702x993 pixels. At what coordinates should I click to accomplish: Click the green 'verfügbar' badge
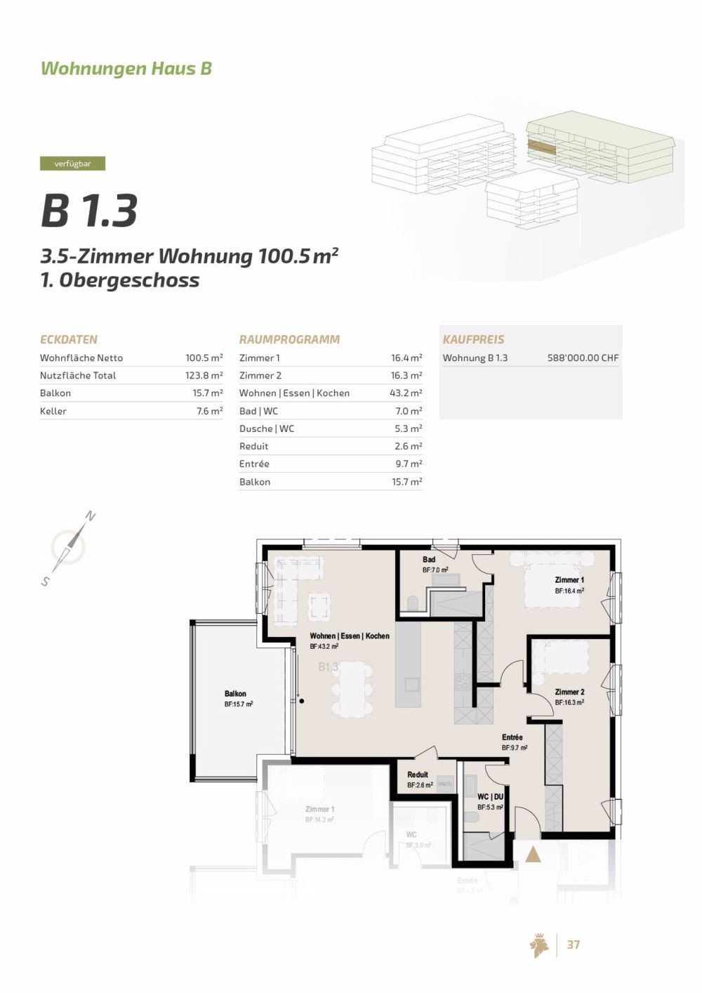click(x=72, y=164)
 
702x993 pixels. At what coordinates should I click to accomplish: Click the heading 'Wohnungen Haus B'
click(x=126, y=68)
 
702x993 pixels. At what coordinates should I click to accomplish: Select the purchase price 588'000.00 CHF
click(x=583, y=357)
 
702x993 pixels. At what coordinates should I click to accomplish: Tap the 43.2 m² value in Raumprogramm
click(x=406, y=393)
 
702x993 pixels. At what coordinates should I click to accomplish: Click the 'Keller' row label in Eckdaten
click(x=53, y=411)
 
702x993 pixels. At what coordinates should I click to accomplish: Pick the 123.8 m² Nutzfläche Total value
click(x=204, y=376)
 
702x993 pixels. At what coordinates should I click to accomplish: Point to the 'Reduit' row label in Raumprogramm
click(x=253, y=446)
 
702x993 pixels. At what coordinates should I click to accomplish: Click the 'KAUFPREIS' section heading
click(x=473, y=339)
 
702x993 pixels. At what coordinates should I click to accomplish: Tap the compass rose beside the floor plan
click(x=69, y=548)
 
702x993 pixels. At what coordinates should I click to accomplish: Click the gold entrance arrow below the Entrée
click(x=533, y=855)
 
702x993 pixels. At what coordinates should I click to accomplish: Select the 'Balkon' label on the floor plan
click(x=235, y=694)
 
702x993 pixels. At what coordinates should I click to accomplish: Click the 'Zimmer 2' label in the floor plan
click(x=569, y=692)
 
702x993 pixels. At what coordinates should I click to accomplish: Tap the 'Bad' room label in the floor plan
click(x=429, y=560)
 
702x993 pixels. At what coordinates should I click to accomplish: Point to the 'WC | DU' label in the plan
click(x=490, y=797)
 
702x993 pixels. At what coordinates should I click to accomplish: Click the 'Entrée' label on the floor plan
click(x=512, y=737)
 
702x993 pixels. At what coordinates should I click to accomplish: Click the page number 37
click(x=573, y=945)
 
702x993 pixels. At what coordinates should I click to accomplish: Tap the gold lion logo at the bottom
click(x=539, y=945)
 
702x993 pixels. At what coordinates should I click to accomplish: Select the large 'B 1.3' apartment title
click(x=89, y=210)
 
